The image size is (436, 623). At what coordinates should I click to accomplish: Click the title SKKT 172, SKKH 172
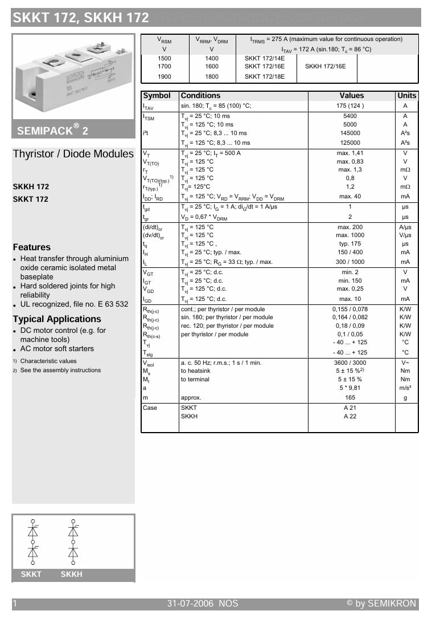[x=80, y=18]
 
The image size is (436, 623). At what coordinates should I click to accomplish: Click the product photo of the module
[x=73, y=76]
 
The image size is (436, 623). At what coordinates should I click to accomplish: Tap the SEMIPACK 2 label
[x=52, y=130]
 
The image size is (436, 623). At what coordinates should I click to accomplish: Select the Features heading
[x=32, y=247]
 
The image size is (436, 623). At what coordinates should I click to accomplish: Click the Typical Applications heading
[x=57, y=319]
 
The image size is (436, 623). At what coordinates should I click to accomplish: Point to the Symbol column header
[x=157, y=96]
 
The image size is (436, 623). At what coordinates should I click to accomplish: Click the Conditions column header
[x=200, y=96]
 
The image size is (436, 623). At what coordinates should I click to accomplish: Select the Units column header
[x=406, y=96]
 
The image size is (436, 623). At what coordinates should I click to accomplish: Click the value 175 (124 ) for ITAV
[x=351, y=106]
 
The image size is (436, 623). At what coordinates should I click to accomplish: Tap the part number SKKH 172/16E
[x=326, y=66]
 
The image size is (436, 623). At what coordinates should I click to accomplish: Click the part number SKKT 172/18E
[x=265, y=76]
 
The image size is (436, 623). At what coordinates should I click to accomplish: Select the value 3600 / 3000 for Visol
[x=350, y=363]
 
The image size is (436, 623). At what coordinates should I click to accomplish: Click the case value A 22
[x=350, y=417]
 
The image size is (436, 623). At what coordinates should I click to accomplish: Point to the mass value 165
[x=350, y=398]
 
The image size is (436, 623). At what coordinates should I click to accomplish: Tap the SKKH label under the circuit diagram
[x=72, y=575]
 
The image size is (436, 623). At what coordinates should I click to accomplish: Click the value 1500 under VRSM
[x=164, y=58]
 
